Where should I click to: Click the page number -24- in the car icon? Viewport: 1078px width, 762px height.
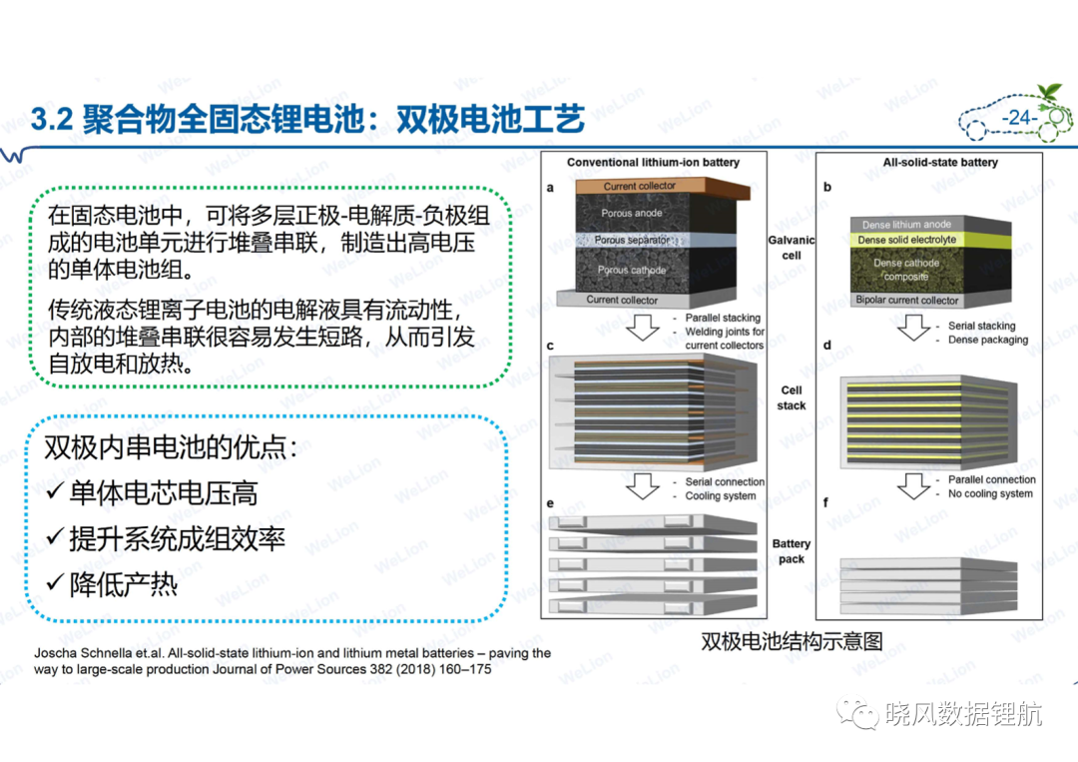(x=1019, y=118)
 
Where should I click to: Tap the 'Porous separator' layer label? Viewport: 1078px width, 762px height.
(x=631, y=240)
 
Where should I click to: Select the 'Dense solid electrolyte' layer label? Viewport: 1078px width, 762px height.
(x=906, y=240)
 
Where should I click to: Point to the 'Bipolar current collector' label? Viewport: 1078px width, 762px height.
(x=906, y=300)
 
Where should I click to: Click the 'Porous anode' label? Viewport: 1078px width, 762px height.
(x=631, y=213)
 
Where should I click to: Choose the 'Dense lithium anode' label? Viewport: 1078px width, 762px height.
(x=906, y=224)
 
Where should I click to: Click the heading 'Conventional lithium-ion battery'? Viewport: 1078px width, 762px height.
(x=653, y=163)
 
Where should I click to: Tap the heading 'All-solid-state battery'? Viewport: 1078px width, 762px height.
(x=940, y=163)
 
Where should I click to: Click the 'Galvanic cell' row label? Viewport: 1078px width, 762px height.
(x=792, y=248)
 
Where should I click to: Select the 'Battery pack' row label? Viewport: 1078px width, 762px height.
(x=792, y=551)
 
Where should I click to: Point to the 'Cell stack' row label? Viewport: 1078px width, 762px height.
(x=792, y=397)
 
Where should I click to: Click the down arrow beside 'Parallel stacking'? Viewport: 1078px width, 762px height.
(x=643, y=328)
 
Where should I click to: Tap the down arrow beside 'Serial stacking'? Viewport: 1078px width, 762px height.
(x=913, y=328)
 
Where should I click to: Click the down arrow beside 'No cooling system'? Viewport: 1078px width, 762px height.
(x=913, y=486)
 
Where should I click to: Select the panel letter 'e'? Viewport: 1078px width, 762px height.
(x=550, y=503)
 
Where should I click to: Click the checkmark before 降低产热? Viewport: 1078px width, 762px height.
(x=55, y=583)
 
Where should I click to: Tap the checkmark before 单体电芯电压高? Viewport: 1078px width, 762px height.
(x=55, y=491)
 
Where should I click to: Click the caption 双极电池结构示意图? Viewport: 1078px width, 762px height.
(x=792, y=641)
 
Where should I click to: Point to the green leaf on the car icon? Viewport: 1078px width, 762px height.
(x=1050, y=92)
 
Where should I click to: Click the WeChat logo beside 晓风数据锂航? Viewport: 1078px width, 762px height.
(x=857, y=714)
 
